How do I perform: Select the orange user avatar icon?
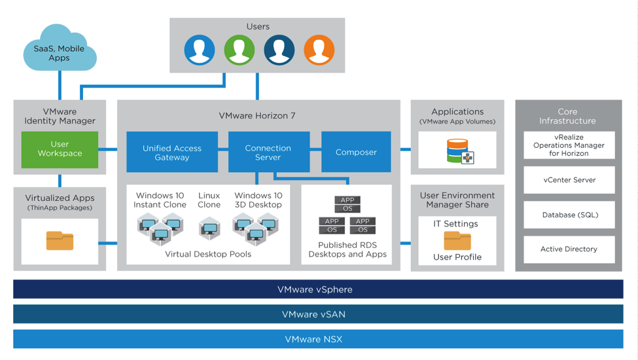319,50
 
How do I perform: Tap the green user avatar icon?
239,50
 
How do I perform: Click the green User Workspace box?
60,149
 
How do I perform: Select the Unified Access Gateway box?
172,153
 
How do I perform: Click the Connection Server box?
268,153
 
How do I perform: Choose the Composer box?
356,153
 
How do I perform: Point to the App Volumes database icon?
459,151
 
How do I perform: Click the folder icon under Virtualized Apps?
60,241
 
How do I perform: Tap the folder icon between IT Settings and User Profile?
457,240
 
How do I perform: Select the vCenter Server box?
569,180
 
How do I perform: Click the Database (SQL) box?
569,215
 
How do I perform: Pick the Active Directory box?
569,249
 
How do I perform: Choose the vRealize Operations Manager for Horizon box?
569,145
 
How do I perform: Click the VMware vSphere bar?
318,289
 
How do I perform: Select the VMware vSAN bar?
318,314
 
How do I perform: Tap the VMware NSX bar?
318,339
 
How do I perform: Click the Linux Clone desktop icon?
209,229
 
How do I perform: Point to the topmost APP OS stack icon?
347,204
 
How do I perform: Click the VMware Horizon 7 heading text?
257,116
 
